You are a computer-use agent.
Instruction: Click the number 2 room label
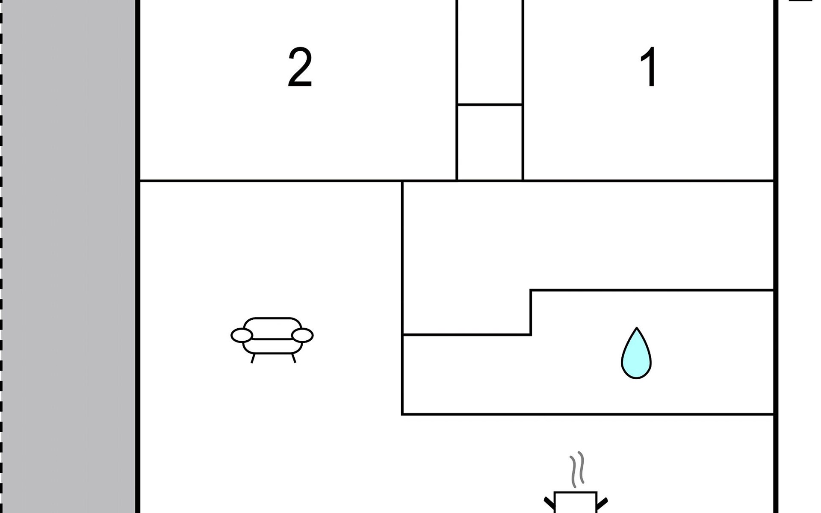[x=300, y=68]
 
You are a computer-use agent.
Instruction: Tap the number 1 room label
[x=649, y=67]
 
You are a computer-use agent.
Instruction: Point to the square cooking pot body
[x=575, y=503]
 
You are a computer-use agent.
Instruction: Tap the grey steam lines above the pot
[x=577, y=469]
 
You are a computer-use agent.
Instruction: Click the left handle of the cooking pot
[x=549, y=503]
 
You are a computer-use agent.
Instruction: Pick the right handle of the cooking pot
[x=602, y=503]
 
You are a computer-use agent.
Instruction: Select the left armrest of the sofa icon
[x=242, y=336]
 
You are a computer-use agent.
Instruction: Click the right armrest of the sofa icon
[x=302, y=336]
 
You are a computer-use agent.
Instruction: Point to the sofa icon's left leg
[x=253, y=358]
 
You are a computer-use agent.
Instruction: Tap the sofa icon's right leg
[x=293, y=358]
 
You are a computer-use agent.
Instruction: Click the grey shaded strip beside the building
[x=68, y=256]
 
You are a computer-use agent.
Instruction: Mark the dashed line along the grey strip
[x=1, y=256]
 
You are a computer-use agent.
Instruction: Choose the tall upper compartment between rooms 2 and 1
[x=490, y=51]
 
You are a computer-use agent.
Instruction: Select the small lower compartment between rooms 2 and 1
[x=490, y=142]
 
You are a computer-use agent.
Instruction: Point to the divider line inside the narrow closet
[x=490, y=104]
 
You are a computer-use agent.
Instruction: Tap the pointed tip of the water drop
[x=637, y=330]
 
